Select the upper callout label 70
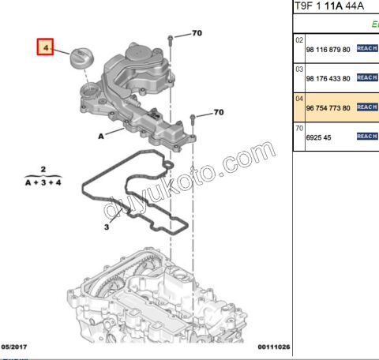point(197,34)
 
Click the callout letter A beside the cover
point(101,136)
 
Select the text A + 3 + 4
point(44,182)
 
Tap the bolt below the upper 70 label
point(171,44)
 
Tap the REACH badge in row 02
point(367,49)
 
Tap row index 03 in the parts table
point(299,69)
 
